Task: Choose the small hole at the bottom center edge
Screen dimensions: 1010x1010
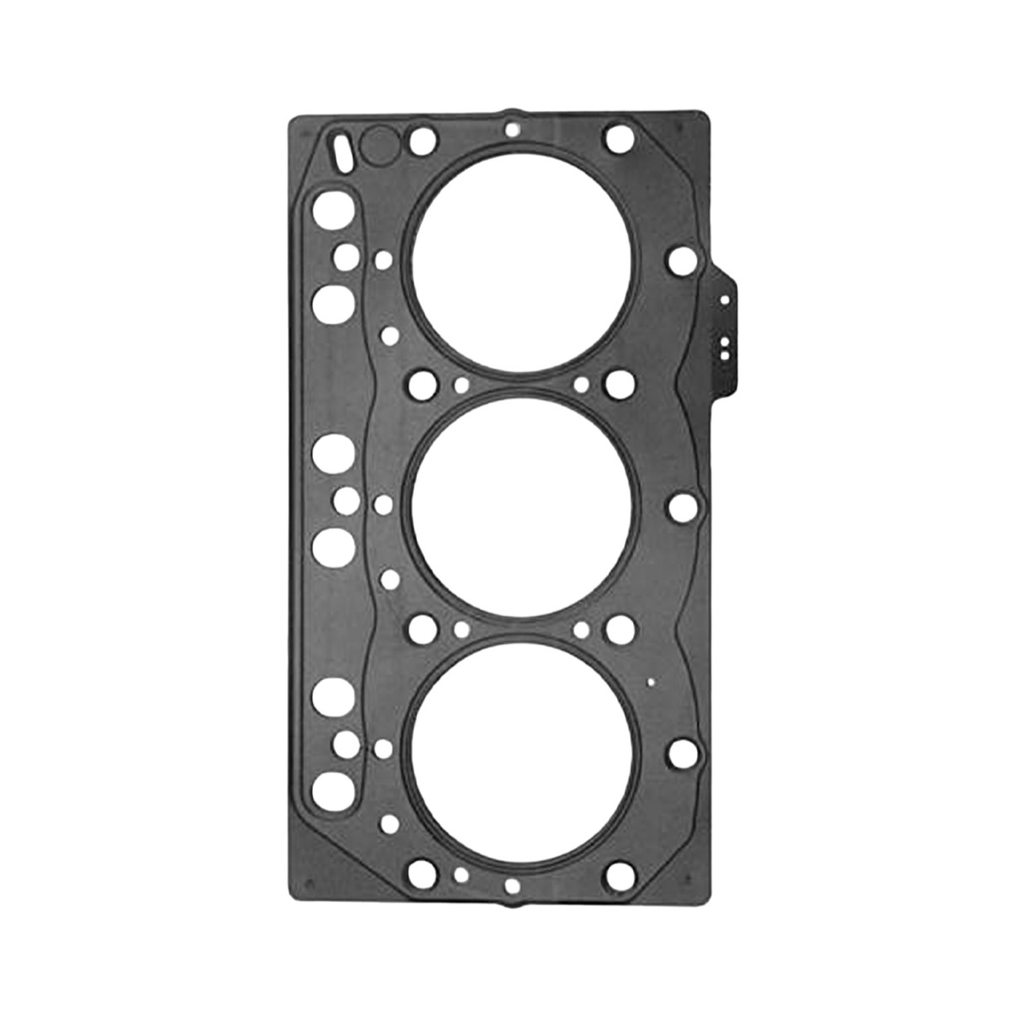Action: pyautogui.click(x=511, y=864)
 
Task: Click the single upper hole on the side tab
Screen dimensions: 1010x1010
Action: pyautogui.click(x=722, y=299)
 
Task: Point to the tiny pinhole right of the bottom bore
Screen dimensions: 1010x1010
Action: pyautogui.click(x=649, y=683)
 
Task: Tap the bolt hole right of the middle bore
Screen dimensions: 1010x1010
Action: pyautogui.click(x=681, y=507)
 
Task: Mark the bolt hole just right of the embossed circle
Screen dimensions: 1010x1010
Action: pyautogui.click(x=423, y=140)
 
